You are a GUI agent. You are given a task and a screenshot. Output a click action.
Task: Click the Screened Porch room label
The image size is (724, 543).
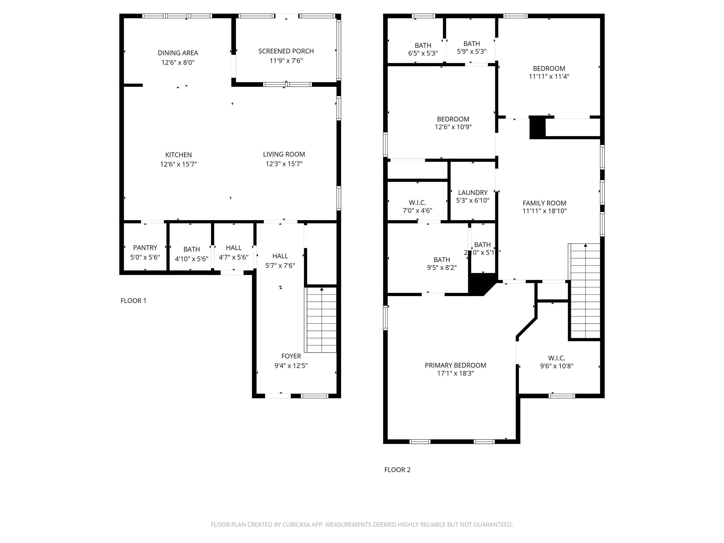pos(286,51)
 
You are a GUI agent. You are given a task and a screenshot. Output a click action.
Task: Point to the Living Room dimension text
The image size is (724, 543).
pos(284,164)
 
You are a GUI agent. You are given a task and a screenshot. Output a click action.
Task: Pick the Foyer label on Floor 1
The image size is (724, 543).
pos(291,356)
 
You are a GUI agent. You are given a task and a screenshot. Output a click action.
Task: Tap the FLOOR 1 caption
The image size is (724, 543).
pos(133,301)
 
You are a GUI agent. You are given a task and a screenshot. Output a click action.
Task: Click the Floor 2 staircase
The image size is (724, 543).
pos(585,291)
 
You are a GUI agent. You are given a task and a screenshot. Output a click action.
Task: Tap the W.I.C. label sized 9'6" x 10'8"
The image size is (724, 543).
pos(557,358)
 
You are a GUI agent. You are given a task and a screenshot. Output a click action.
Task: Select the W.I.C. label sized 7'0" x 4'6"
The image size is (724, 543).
pos(417,203)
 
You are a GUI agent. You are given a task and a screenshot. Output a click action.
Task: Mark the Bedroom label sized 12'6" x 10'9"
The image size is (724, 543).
pos(453,119)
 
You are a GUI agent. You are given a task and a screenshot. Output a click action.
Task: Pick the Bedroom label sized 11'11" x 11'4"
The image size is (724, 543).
pos(549,68)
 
